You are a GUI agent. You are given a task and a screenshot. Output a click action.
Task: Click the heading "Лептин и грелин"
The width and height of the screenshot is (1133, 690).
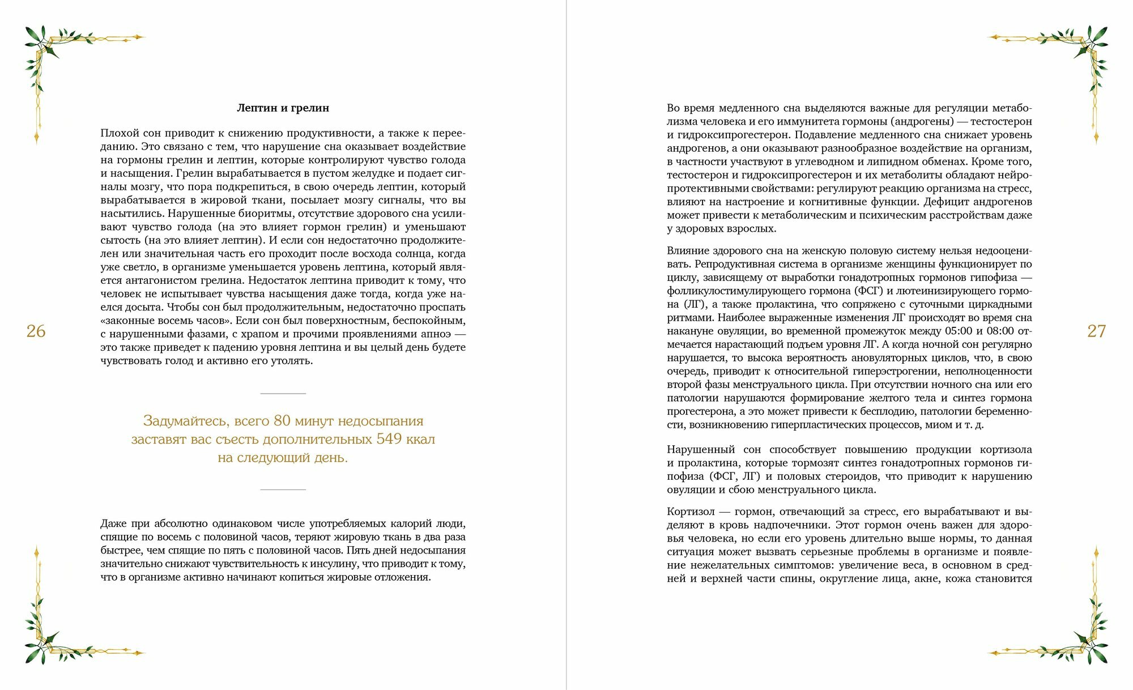coord(283,108)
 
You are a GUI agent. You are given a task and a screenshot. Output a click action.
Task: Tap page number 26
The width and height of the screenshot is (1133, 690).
coord(36,331)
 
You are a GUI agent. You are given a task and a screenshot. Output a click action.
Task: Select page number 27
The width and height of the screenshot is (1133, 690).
coord(1096,331)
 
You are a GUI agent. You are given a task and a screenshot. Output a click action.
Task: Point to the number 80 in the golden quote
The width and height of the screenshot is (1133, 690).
coord(282,421)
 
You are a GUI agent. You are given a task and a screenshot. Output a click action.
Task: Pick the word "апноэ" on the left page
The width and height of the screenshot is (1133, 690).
coord(435,334)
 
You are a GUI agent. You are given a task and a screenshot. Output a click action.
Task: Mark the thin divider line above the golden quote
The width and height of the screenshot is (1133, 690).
coord(283,393)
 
